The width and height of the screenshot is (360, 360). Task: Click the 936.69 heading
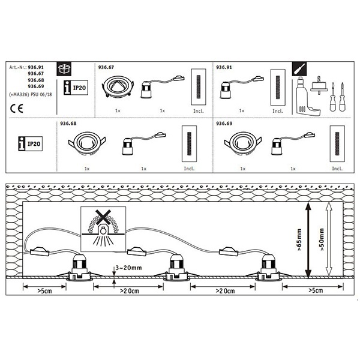[x=224, y=124]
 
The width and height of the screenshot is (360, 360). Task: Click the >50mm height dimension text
[x=322, y=240]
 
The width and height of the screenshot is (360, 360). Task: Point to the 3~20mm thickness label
[x=129, y=267]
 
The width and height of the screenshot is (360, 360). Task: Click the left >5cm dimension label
[x=43, y=292]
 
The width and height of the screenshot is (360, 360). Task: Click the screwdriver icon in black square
[x=298, y=68]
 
